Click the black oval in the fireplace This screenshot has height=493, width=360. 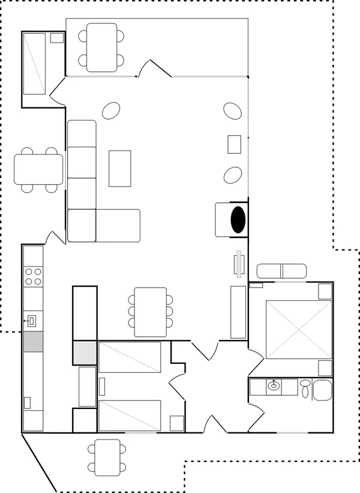pos(238,219)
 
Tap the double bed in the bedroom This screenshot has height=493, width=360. pos(298,328)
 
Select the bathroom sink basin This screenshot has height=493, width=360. pos(274,386)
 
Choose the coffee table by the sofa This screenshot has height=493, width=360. pos(119,168)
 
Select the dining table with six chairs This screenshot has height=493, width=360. pos(150,312)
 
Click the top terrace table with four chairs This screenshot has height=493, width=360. pos(101,47)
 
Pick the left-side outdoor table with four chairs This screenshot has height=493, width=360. pos(38,169)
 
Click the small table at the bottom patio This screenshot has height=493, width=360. pos(107,456)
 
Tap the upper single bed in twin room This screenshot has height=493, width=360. pos(130,357)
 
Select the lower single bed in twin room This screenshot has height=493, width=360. pos(130,416)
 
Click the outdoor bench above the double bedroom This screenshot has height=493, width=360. pos(282,271)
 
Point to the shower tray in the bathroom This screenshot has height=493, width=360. pos(322,390)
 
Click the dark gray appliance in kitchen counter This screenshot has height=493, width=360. pos(33,341)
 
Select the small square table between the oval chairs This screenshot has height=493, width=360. pos(234,144)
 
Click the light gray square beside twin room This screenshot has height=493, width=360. pos(85,352)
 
